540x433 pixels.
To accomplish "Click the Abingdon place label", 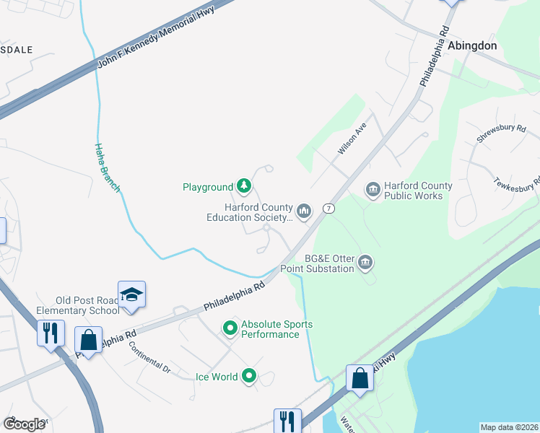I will [472, 45].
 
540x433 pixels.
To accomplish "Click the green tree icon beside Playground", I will [245, 187].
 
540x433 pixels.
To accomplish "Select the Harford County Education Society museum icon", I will [304, 211].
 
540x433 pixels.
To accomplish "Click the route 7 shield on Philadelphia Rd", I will [328, 208].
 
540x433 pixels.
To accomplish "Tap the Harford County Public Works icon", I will [373, 191].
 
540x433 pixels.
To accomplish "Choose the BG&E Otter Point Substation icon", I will [365, 263].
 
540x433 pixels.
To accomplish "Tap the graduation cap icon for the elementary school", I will [131, 294].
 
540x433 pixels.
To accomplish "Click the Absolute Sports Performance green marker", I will [230, 329].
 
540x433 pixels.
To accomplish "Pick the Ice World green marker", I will [249, 376].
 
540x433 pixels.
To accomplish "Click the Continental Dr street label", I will [150, 357].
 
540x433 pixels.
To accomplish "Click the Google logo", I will [25, 424].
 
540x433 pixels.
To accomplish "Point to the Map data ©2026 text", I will [509, 427].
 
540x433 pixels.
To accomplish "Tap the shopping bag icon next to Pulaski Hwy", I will [359, 378].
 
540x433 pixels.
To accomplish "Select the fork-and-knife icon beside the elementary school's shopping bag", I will [50, 333].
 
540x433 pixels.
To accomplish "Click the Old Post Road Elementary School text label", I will [88, 305].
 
